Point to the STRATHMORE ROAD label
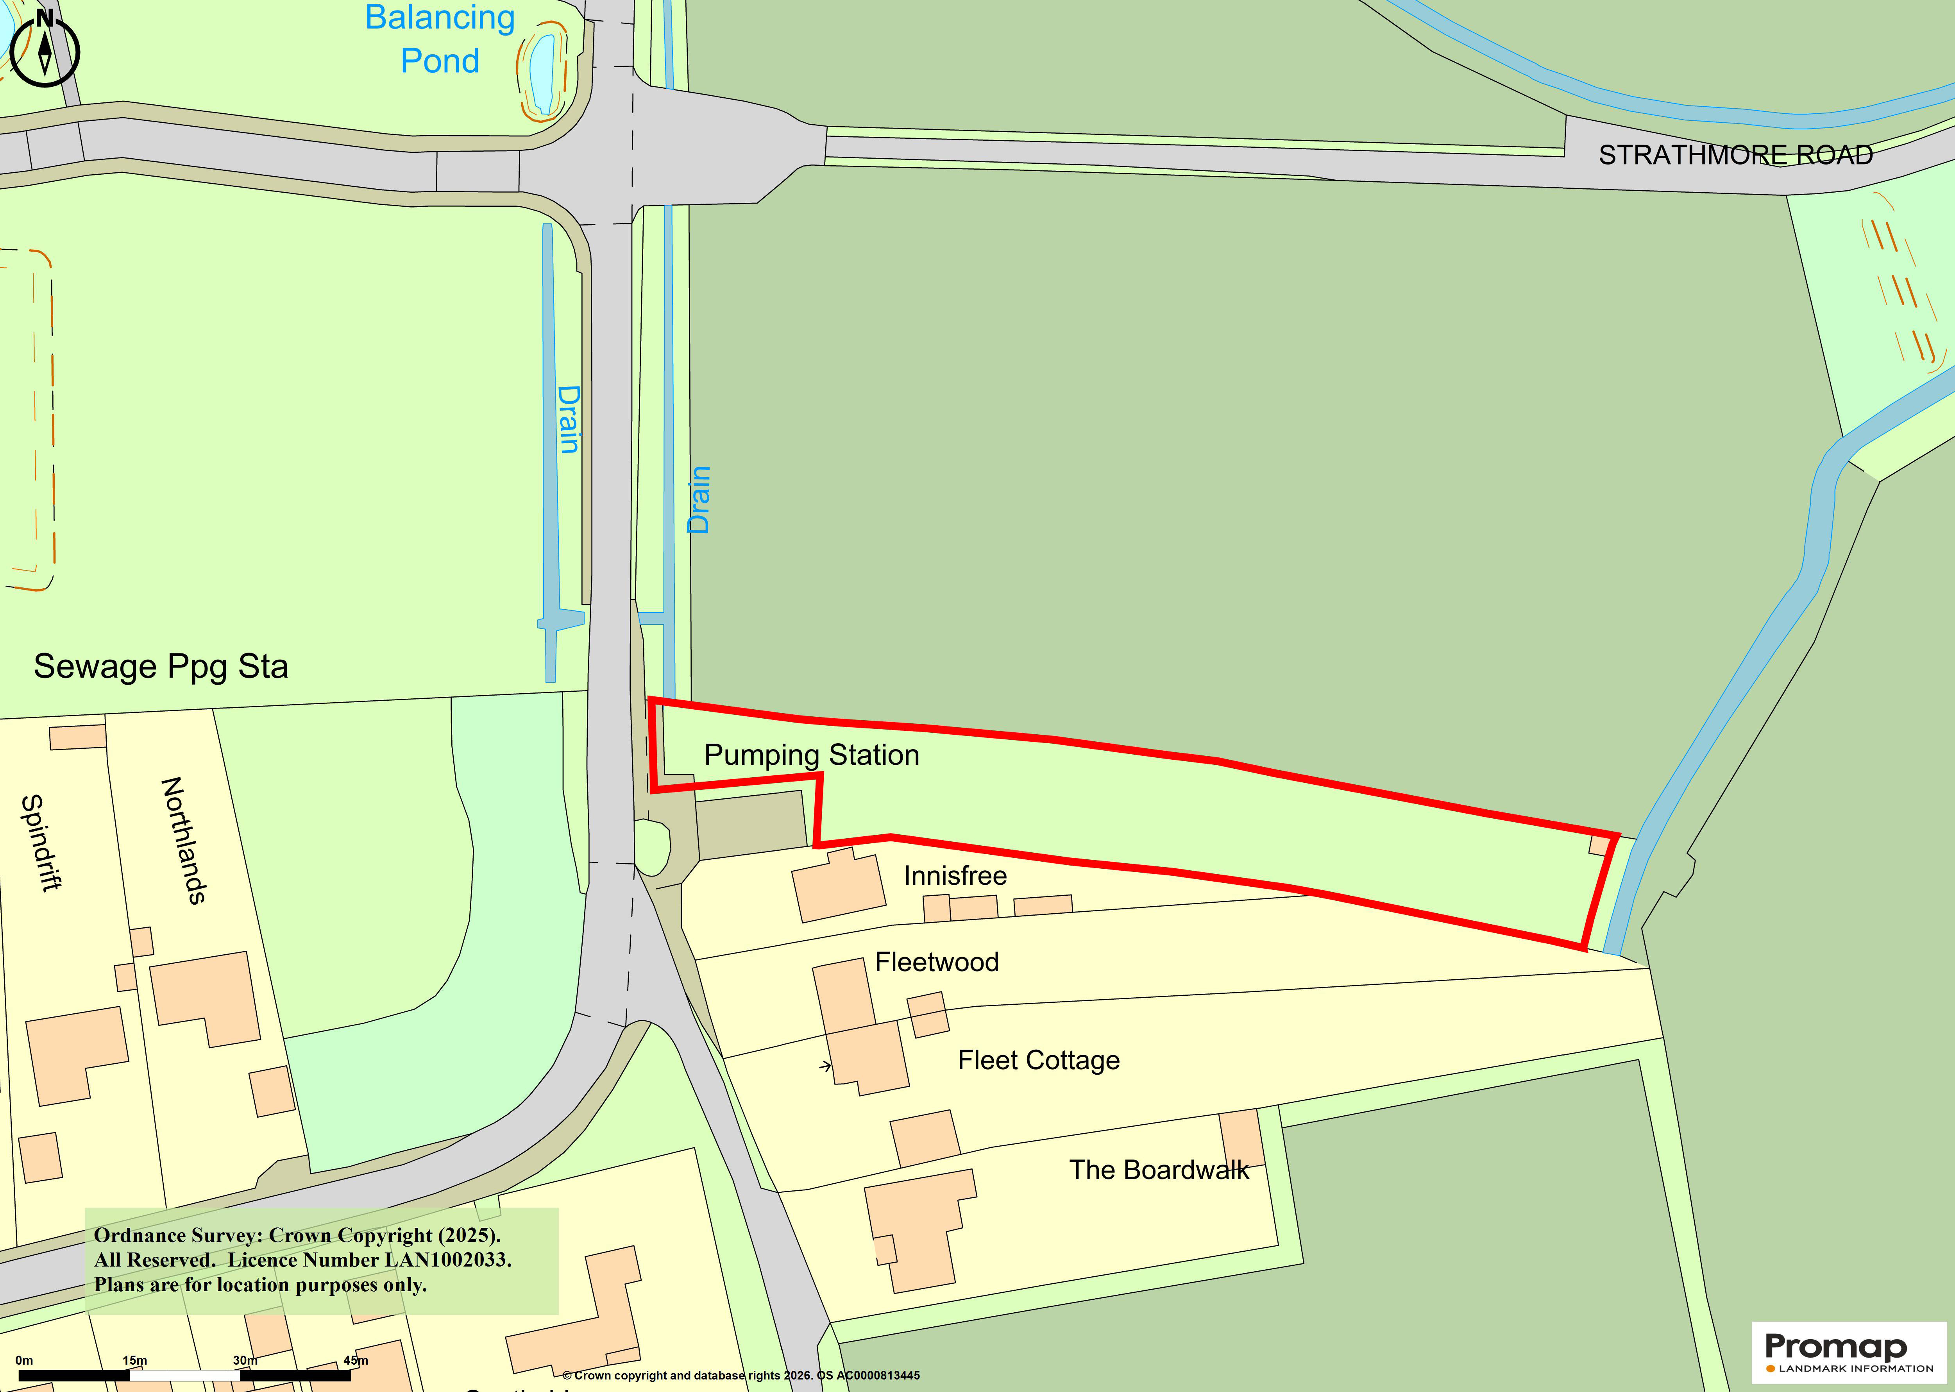pos(1736,155)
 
